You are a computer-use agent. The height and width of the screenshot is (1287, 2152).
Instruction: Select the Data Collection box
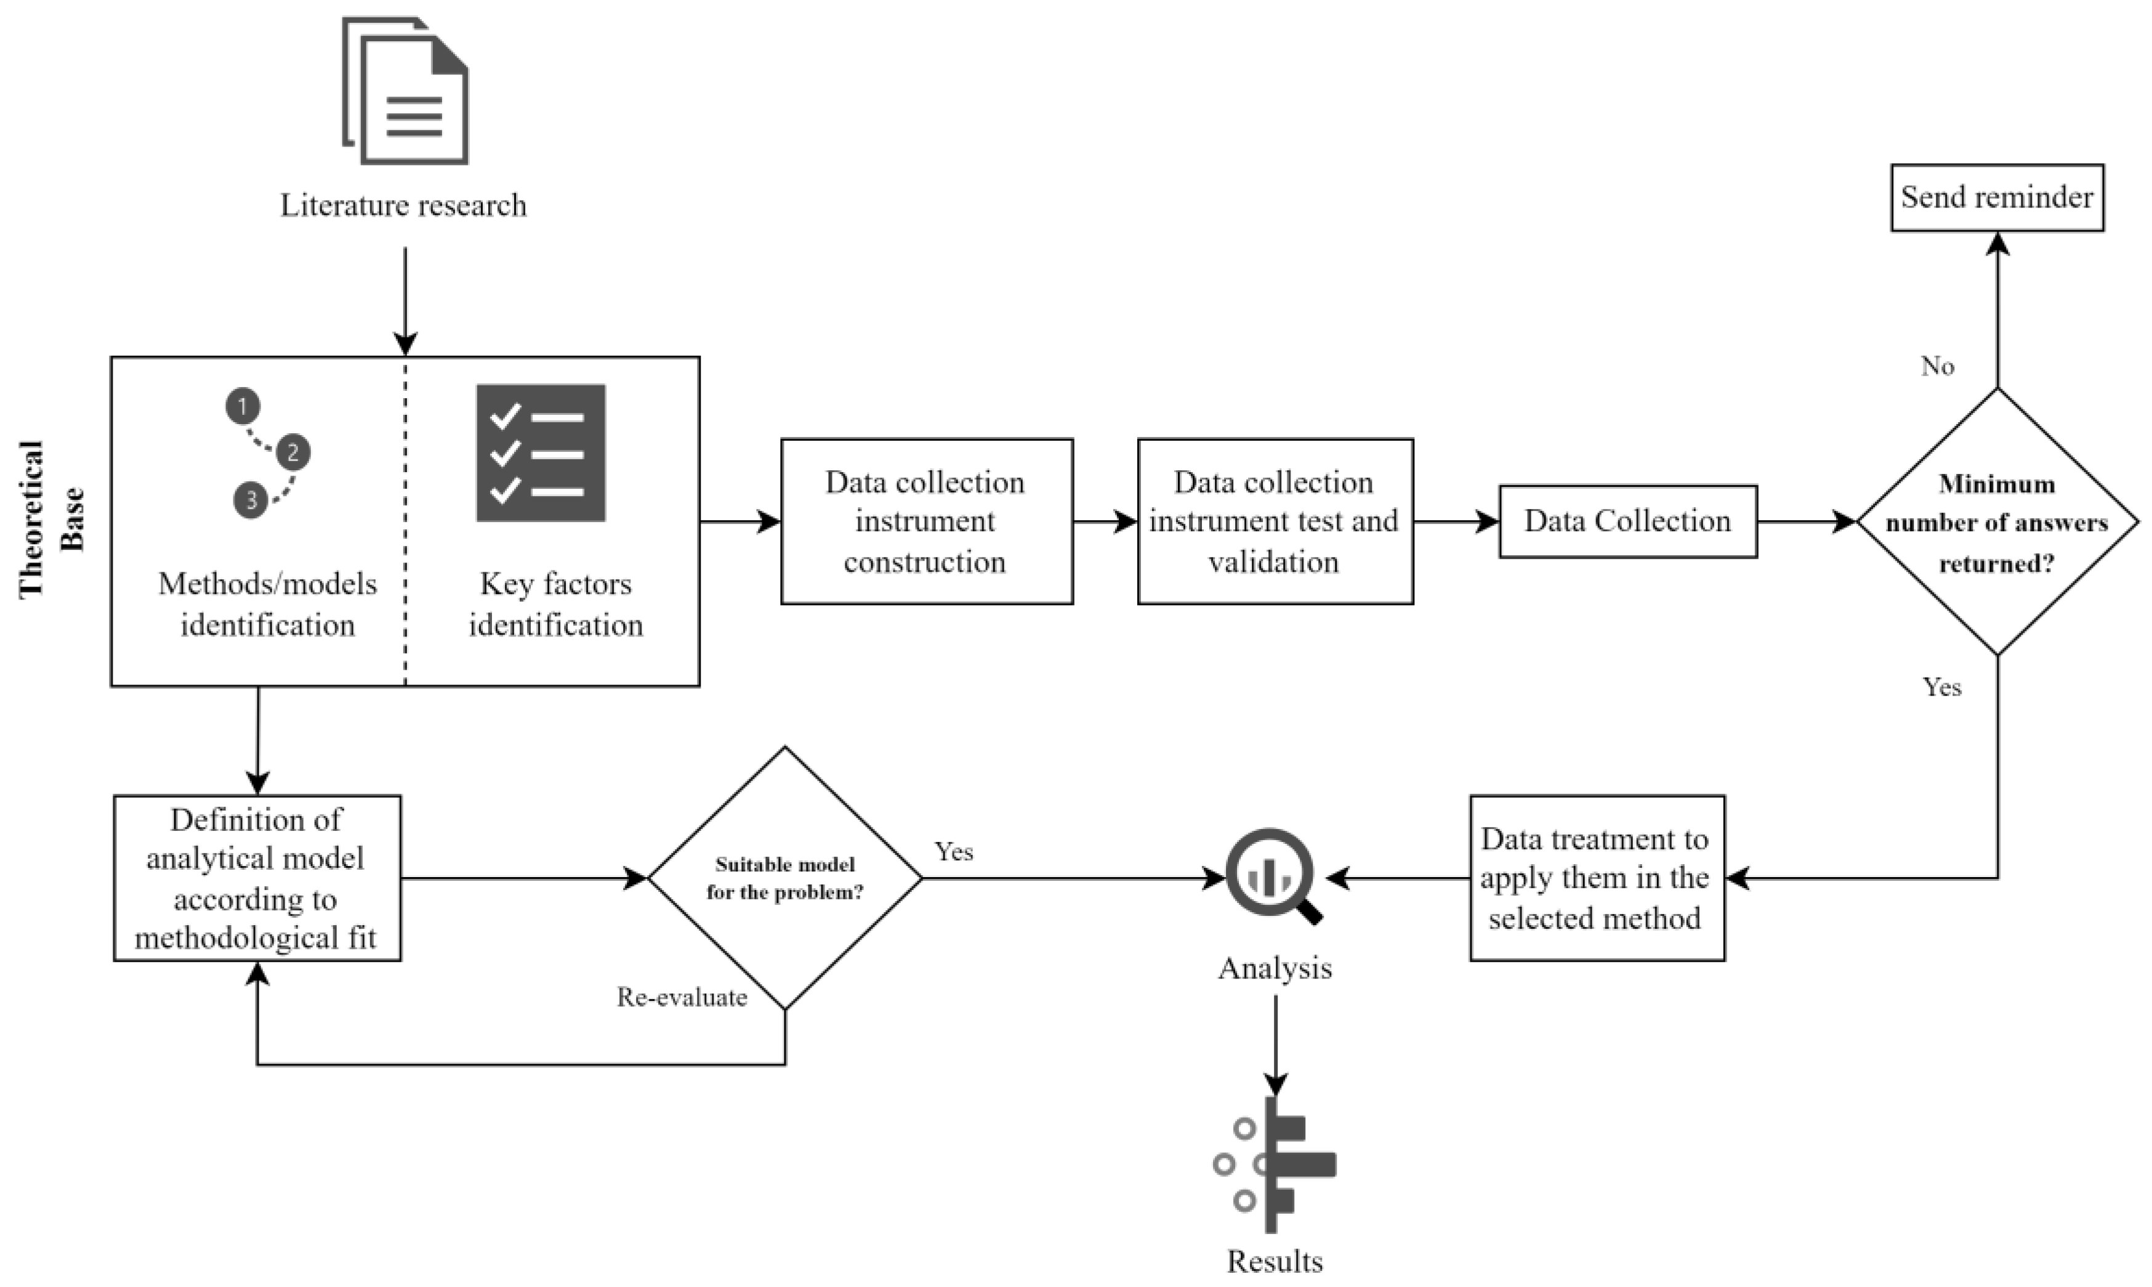pos(1627,521)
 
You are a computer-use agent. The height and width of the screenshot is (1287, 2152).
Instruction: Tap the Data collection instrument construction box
pos(925,521)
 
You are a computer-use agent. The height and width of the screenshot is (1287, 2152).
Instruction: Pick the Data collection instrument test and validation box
pos(1274,521)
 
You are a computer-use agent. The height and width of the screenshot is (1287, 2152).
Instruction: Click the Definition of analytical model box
pos(257,878)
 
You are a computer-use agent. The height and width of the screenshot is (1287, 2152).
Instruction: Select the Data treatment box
pos(1596,878)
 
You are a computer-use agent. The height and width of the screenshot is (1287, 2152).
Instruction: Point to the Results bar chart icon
pos(1275,1164)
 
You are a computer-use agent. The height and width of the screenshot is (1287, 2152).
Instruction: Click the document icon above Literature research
pos(406,91)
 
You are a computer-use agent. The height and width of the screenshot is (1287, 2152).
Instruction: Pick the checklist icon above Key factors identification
pos(541,453)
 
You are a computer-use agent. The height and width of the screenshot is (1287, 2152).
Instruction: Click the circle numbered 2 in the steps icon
pos(293,452)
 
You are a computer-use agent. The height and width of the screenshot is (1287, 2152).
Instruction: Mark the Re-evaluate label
pos(682,997)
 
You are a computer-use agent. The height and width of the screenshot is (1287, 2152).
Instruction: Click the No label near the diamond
pos(1937,366)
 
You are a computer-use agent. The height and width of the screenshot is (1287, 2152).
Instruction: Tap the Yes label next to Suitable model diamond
pos(953,852)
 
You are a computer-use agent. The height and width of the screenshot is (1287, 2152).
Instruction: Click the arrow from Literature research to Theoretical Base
pos(405,299)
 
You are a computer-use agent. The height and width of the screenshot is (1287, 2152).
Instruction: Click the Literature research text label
pos(403,206)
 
